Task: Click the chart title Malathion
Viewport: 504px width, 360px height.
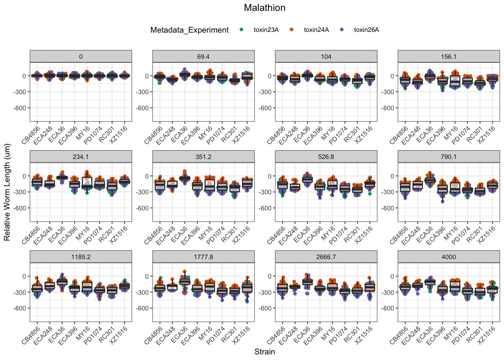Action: click(264, 8)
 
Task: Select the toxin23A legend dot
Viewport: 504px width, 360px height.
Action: click(241, 30)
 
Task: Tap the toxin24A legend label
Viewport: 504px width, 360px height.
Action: click(316, 30)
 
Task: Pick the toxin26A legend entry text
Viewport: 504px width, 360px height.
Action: click(366, 30)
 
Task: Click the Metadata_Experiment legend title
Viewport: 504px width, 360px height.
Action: click(189, 30)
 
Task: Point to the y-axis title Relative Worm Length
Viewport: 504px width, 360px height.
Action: click(7, 192)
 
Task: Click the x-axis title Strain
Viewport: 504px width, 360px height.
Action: click(264, 352)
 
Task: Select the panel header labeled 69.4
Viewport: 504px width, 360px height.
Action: click(203, 57)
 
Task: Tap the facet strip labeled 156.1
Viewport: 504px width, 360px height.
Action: click(448, 57)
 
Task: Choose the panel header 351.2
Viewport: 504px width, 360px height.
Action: click(203, 157)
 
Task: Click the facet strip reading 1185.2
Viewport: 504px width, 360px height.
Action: click(81, 257)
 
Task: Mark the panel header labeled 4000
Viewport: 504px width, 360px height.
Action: click(448, 257)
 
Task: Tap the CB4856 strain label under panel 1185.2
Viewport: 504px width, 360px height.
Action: click(31, 335)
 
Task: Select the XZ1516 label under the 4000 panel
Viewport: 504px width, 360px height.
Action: click(487, 335)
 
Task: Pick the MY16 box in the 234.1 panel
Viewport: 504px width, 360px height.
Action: click(87, 183)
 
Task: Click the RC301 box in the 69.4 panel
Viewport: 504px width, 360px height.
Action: click(235, 80)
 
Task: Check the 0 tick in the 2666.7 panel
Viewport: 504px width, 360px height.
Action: click(268, 276)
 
